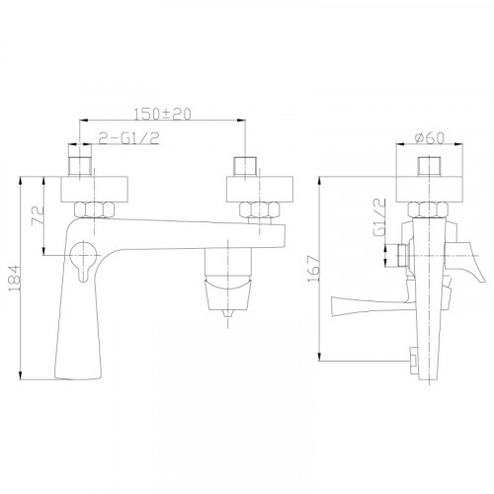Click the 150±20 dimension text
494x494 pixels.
(x=162, y=114)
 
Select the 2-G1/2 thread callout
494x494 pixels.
(x=129, y=138)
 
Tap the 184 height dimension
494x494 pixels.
(x=15, y=279)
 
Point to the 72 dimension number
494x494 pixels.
(x=38, y=215)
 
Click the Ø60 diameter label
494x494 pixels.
(x=430, y=138)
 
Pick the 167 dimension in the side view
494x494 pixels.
(x=313, y=269)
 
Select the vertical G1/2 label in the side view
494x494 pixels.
(x=379, y=217)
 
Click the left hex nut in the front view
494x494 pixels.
(x=95, y=209)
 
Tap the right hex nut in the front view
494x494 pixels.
(x=260, y=209)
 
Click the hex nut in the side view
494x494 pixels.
(x=428, y=209)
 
